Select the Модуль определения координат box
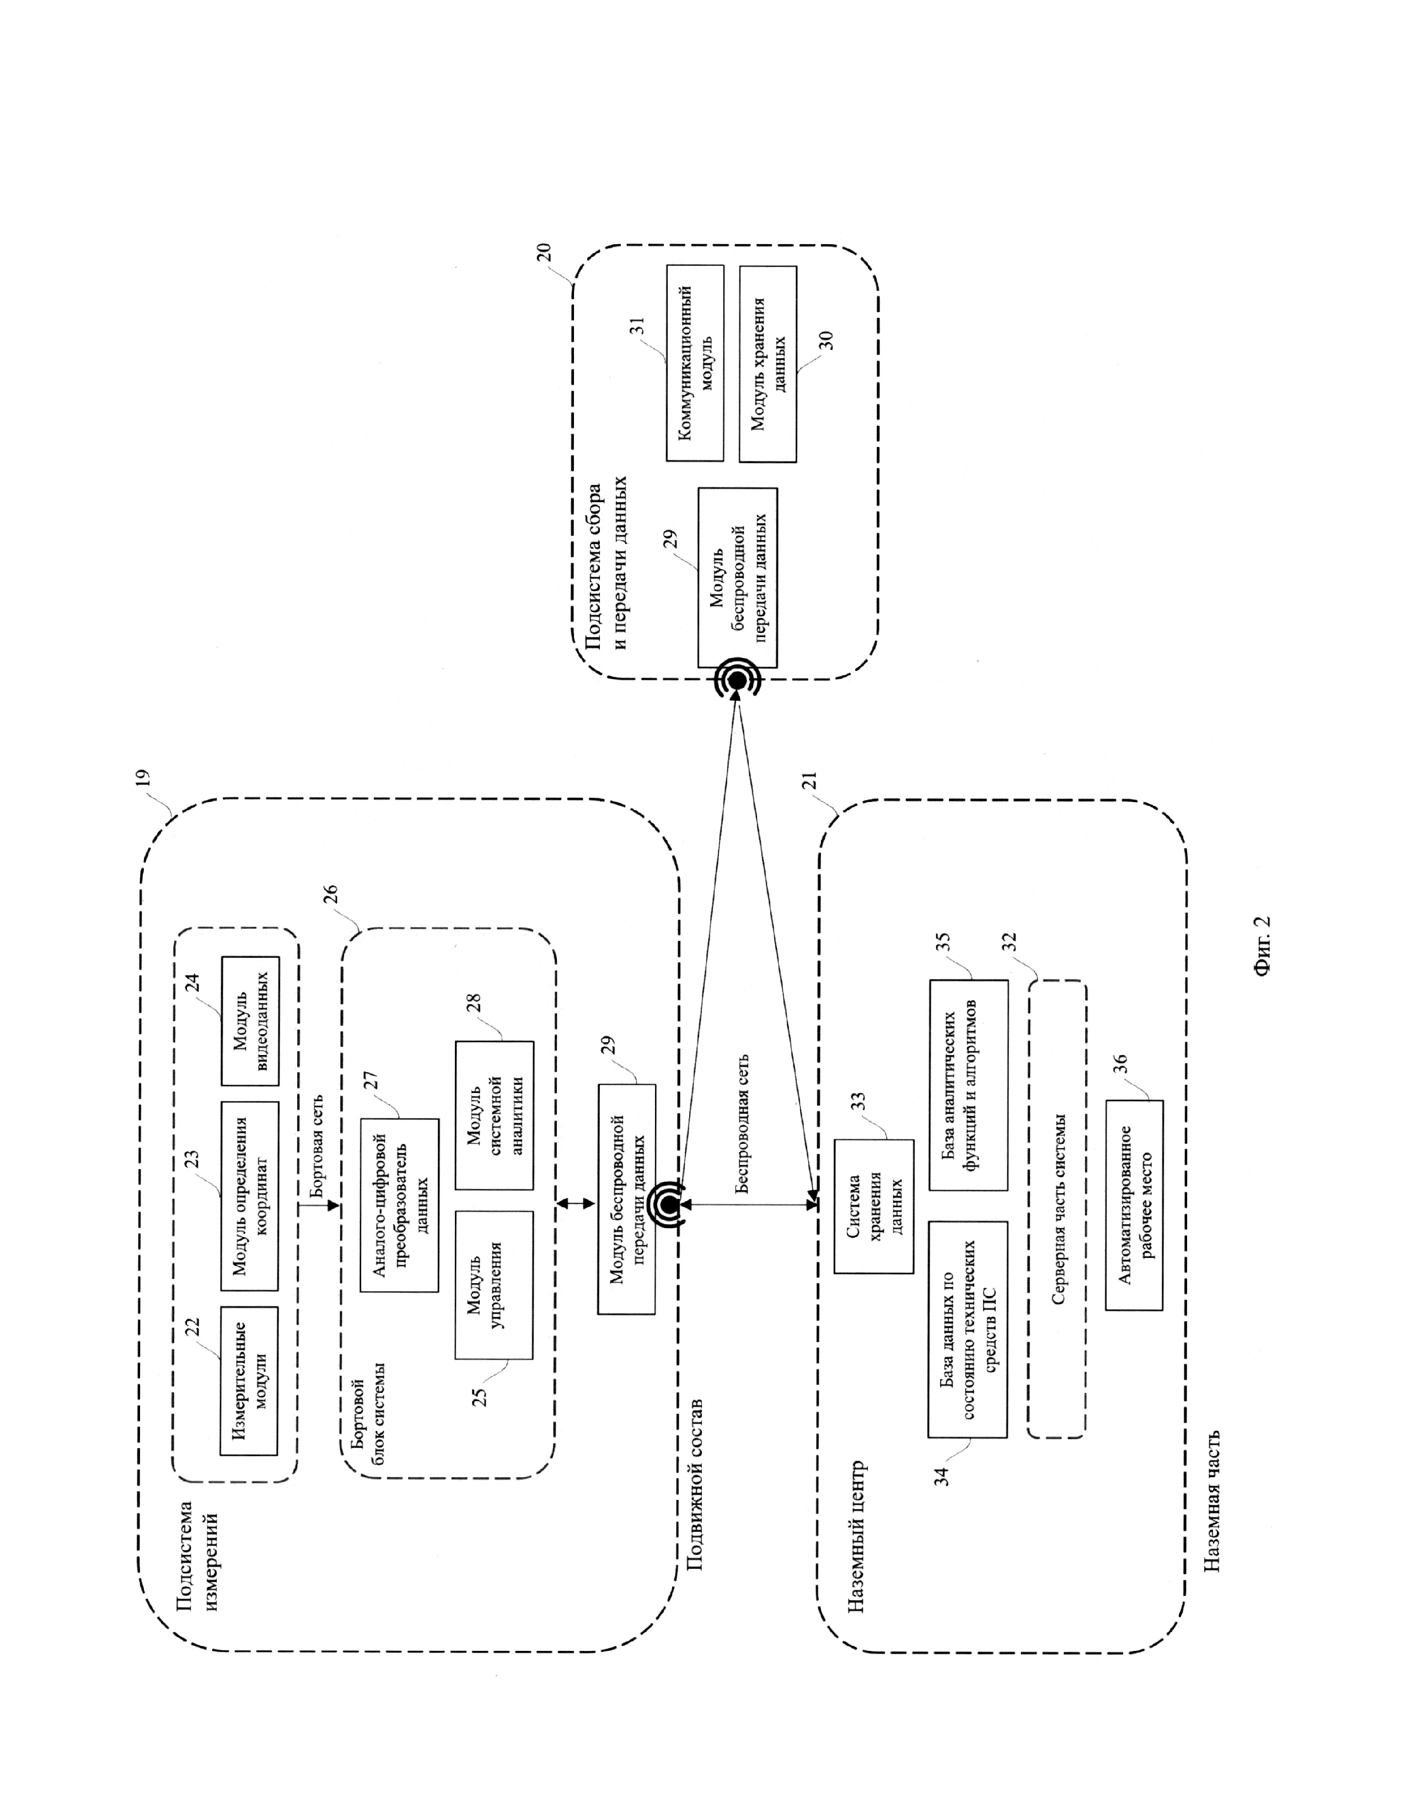tap(249, 1196)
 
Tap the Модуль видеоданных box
tap(250, 1020)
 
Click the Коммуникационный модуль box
tap(695, 363)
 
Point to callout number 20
tap(543, 252)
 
